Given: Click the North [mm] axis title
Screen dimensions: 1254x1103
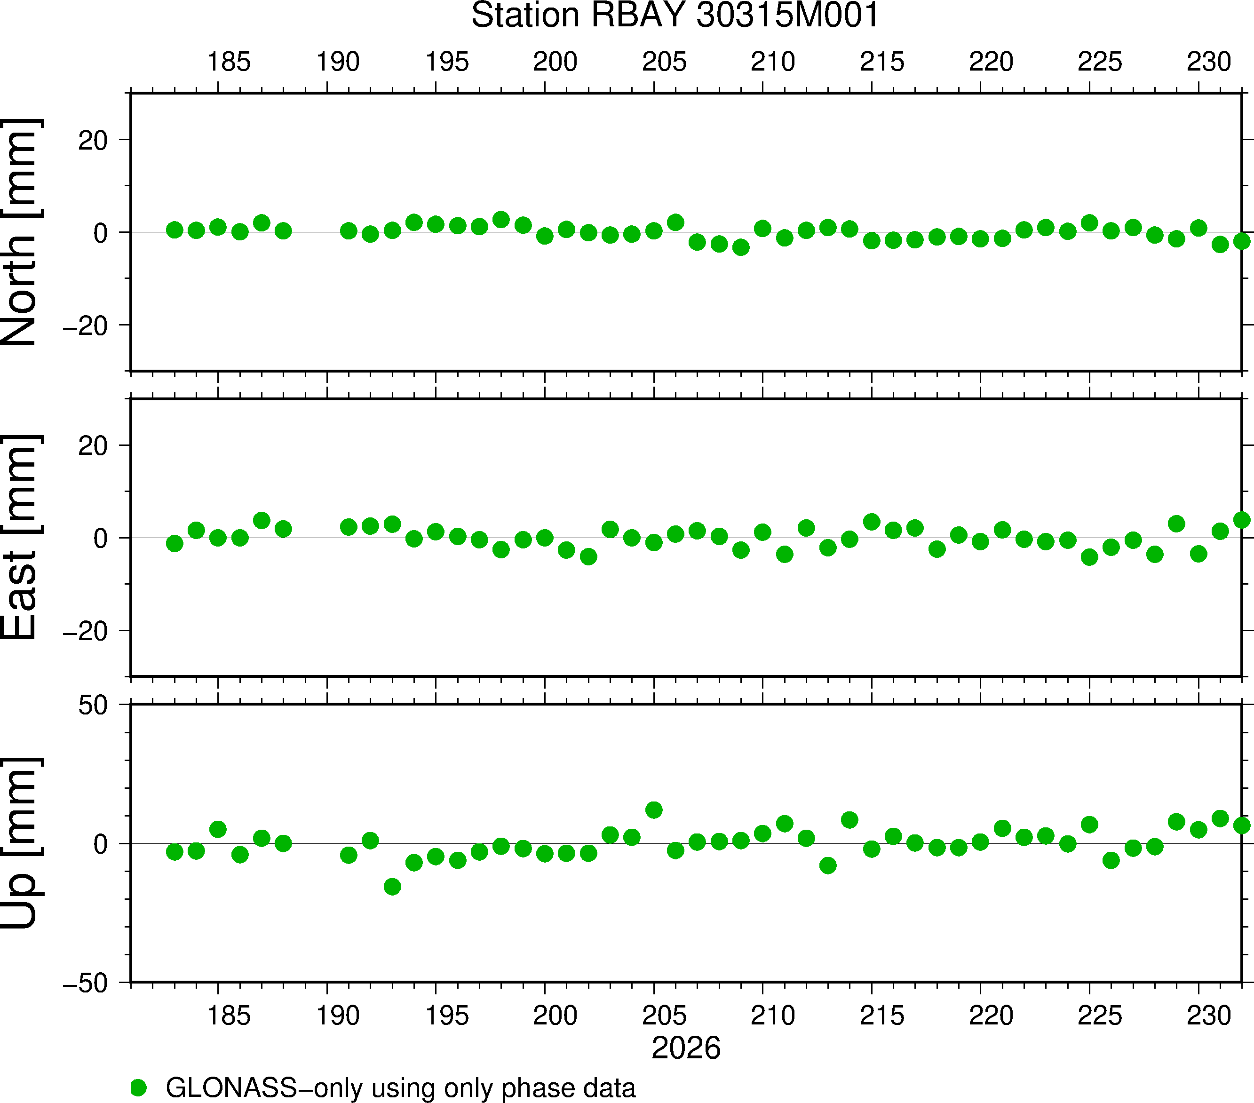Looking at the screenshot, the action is [x=21, y=232].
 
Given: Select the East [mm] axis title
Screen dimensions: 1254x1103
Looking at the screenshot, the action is [x=21, y=538].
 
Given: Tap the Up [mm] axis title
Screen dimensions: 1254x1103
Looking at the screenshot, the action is [x=21, y=843].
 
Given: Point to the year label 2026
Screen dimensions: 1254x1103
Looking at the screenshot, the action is [x=686, y=1048].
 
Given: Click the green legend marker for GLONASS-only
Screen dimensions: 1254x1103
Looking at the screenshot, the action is [x=139, y=1087].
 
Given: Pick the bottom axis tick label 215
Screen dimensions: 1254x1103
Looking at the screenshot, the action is [x=881, y=1016].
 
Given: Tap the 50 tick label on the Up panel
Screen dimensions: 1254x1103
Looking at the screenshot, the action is [x=93, y=706].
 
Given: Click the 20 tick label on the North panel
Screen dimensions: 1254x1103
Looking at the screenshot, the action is [x=93, y=141].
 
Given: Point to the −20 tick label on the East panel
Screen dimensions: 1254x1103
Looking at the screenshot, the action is [x=85, y=631].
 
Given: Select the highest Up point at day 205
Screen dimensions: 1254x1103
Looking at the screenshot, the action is [x=654, y=810].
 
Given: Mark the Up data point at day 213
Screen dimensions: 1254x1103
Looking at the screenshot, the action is [x=828, y=865].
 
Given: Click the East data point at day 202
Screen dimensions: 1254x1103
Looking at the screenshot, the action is [x=588, y=556].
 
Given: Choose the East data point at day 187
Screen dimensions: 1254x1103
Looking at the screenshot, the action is [x=262, y=520].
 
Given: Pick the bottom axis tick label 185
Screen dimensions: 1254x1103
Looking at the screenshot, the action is [x=228, y=1016].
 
